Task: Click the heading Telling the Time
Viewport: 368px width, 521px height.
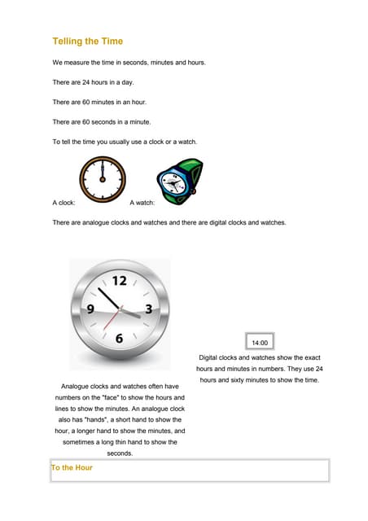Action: click(88, 41)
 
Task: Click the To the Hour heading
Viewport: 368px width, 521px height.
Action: click(72, 468)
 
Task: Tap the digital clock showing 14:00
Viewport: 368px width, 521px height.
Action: click(260, 343)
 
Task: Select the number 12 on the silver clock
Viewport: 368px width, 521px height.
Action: click(120, 282)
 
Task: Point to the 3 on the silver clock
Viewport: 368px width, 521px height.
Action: click(148, 309)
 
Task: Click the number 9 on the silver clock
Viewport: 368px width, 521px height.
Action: click(92, 309)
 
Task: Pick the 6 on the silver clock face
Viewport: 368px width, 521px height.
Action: click(120, 338)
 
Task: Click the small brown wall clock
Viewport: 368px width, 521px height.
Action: click(103, 181)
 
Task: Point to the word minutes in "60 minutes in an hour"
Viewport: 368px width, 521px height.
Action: click(107, 103)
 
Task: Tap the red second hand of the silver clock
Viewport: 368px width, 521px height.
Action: click(111, 321)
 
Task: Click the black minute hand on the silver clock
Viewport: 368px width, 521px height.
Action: click(109, 298)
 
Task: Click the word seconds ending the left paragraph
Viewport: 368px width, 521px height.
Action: click(120, 453)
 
